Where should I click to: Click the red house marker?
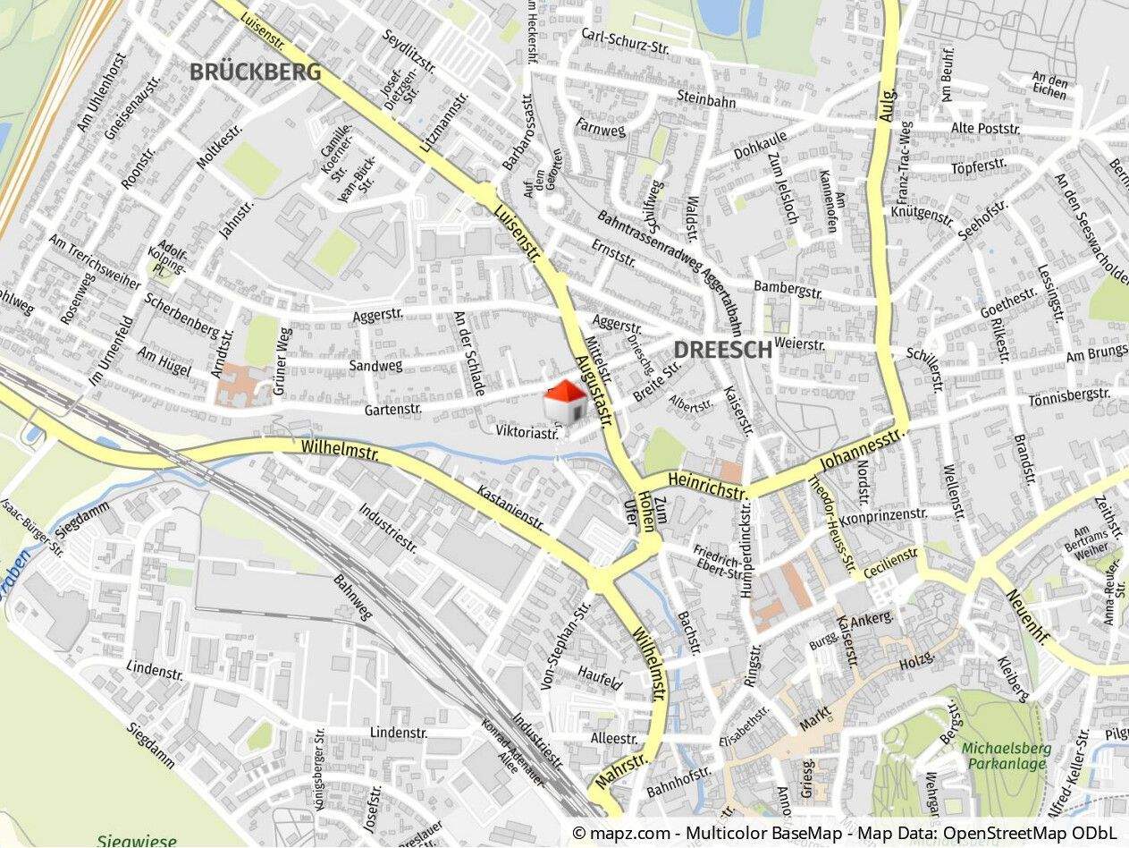click(x=565, y=400)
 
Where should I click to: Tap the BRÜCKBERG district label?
click(x=255, y=72)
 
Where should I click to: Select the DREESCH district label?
click(x=722, y=350)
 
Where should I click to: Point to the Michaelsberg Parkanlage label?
click(x=1006, y=756)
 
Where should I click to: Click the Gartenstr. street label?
click(x=396, y=410)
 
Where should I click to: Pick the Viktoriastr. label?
click(x=527, y=432)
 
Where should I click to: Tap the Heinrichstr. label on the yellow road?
click(x=712, y=487)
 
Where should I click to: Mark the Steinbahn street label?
click(x=705, y=99)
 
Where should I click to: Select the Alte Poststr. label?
click(x=985, y=128)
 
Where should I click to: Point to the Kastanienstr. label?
click(x=510, y=507)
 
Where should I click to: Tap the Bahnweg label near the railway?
click(x=353, y=598)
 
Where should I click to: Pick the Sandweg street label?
click(x=375, y=365)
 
